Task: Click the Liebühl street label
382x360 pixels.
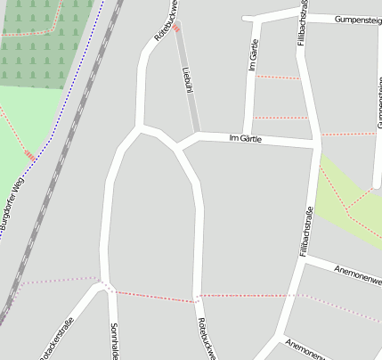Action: tap(187, 78)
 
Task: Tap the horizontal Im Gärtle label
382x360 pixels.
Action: tap(245, 138)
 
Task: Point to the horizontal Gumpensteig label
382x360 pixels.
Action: tap(357, 19)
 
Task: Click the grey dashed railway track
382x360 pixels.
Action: tap(53, 178)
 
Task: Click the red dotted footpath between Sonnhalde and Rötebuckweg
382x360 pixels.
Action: tap(151, 296)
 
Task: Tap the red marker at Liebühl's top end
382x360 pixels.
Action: tap(176, 28)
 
